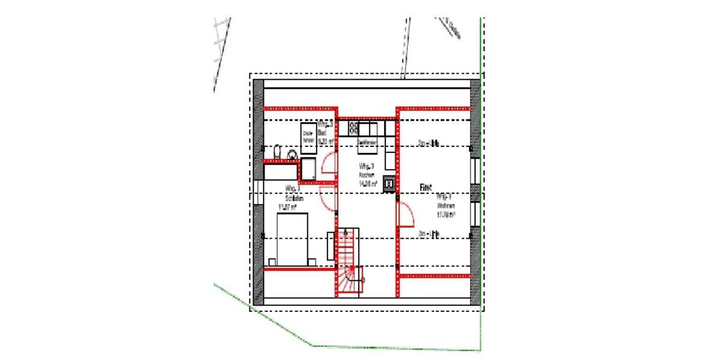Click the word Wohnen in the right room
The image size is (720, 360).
click(445, 205)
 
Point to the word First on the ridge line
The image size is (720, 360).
click(425, 187)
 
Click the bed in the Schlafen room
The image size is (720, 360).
click(292, 239)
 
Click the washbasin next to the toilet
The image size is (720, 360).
click(293, 154)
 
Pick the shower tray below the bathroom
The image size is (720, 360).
click(310, 169)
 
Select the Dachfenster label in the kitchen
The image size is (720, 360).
click(367, 142)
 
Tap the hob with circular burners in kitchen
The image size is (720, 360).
click(353, 128)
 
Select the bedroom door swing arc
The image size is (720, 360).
click(328, 198)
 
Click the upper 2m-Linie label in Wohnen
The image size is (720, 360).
click(430, 143)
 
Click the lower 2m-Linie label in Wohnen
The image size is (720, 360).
click(430, 234)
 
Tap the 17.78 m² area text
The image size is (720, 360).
click(446, 214)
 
